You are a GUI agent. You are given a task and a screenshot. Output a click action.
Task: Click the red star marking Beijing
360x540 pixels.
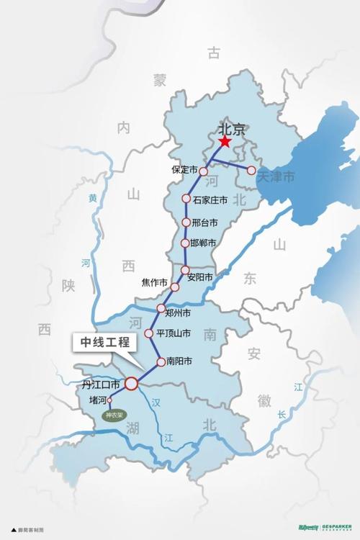pos(225,142)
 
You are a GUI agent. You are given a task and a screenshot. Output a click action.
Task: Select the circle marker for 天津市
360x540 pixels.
pos(251,171)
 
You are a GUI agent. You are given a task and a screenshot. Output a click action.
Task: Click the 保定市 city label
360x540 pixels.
pos(184,171)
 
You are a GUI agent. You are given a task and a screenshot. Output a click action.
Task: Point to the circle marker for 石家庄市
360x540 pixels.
pos(186,199)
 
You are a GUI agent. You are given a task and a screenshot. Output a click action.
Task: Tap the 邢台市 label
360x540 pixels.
pos(205,222)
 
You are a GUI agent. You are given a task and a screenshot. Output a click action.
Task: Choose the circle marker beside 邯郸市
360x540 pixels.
pos(185,243)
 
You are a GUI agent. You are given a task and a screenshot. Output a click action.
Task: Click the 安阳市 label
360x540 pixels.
pos(199,277)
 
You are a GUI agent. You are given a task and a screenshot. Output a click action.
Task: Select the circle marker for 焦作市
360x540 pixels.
pos(175,287)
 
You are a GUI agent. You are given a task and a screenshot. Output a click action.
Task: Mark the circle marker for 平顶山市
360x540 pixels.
pos(150,333)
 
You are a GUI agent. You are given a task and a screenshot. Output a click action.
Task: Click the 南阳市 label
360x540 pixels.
pos(179,361)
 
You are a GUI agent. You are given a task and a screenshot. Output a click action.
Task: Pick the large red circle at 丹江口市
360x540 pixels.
pos(131,384)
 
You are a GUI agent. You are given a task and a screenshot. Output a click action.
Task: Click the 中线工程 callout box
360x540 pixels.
pos(105,343)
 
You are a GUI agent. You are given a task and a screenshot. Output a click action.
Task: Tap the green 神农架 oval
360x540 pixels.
pos(114,415)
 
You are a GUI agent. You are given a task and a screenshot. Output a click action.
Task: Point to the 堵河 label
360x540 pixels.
pos(97,401)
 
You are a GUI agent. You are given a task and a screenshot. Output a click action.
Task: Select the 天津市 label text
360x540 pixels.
pos(276,176)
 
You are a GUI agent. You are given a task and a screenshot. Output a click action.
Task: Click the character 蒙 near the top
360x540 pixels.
pos(160,80)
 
